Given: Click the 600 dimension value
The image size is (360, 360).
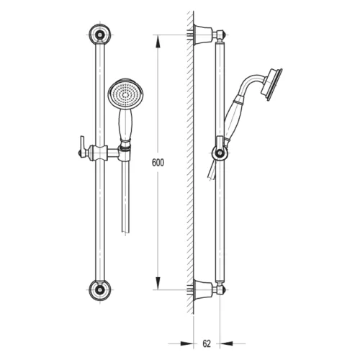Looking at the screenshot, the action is [x=158, y=163].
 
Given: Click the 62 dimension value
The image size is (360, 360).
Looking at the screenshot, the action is [x=207, y=343].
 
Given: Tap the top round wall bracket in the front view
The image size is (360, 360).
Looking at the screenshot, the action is [x=99, y=34].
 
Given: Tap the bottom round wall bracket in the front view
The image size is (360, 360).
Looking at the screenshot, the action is [x=99, y=290].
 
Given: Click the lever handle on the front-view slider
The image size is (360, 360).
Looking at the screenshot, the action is [x=82, y=147].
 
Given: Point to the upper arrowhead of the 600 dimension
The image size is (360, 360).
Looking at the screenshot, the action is [x=158, y=42].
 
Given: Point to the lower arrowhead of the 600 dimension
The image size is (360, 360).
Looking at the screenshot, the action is [x=158, y=283].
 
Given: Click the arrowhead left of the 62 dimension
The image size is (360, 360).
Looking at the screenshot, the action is [x=186, y=343].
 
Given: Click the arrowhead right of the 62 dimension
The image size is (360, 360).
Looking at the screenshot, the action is [x=226, y=343].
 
